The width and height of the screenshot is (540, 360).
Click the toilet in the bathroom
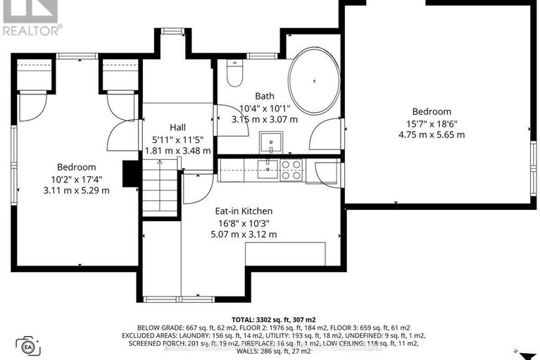pos(235,73)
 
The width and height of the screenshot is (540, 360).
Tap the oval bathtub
pos(314,81)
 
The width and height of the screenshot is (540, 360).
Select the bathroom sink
pos(271,142)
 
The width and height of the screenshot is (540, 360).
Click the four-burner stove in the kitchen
pos(291,170)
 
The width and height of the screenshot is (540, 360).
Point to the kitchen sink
pos(268,169)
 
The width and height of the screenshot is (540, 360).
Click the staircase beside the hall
pos(160,188)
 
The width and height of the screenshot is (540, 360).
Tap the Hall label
pos(177,128)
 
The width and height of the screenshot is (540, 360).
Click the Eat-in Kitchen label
pos(244,211)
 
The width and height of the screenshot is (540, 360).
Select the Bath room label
pos(265,96)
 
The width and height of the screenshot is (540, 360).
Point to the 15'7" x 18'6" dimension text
pos(432,123)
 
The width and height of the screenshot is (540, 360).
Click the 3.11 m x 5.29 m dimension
pos(77,190)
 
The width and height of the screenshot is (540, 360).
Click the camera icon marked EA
pos(28,346)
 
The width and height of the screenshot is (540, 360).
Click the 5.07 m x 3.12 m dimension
pos(244,235)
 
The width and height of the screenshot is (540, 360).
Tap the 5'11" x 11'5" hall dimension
pos(177,139)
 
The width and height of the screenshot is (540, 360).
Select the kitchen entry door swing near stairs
pos(196,188)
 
